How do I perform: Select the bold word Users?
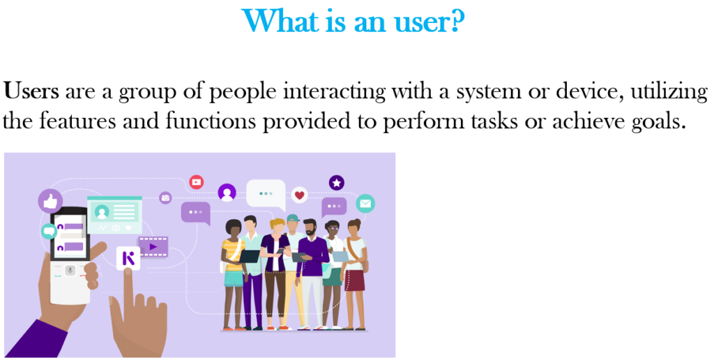pos(31,91)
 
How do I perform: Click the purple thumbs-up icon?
pos(50,200)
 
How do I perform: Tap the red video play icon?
pos(196,182)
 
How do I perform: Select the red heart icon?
pos(299,195)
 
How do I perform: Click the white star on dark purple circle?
pos(337,183)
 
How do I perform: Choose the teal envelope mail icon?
pos(365,204)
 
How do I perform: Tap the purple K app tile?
pos(128,258)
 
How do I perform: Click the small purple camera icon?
pos(165,197)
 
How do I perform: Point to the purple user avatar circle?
pos(227,193)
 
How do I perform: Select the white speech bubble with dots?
pos(266,195)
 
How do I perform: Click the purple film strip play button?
pos(153,246)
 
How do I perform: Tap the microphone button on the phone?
pos(70,270)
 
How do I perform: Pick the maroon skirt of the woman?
pos(355,280)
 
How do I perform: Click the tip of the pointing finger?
pos(128,271)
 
